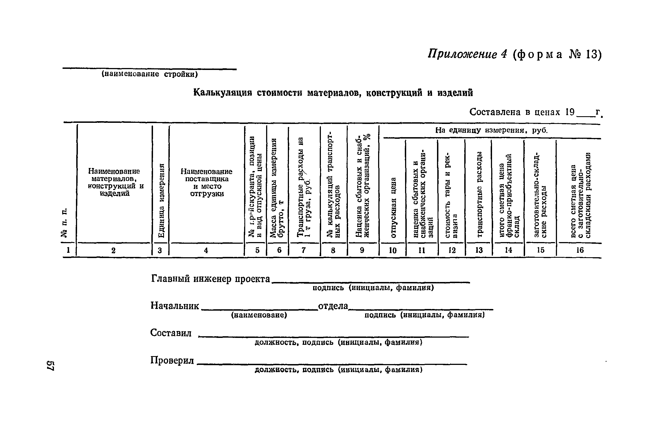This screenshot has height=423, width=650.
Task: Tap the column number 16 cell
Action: [x=580, y=250]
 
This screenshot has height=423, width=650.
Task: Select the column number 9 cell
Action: [x=362, y=250]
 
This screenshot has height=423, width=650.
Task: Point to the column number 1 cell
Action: [x=68, y=250]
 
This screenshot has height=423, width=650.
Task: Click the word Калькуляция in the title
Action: [x=223, y=93]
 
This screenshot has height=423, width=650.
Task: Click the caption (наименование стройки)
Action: [x=150, y=74]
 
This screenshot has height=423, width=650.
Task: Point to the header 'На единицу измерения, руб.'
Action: [x=491, y=131]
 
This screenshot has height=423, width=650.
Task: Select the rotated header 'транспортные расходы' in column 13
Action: [x=479, y=194]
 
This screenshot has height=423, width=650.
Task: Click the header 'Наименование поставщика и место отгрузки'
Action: [x=206, y=183]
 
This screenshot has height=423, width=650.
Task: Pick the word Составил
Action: [x=171, y=333]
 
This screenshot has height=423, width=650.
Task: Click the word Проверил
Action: [x=172, y=360]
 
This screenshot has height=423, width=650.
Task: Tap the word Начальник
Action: [x=175, y=306]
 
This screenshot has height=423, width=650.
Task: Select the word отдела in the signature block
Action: [x=333, y=306]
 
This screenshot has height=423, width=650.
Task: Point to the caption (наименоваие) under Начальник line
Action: [x=259, y=315]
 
